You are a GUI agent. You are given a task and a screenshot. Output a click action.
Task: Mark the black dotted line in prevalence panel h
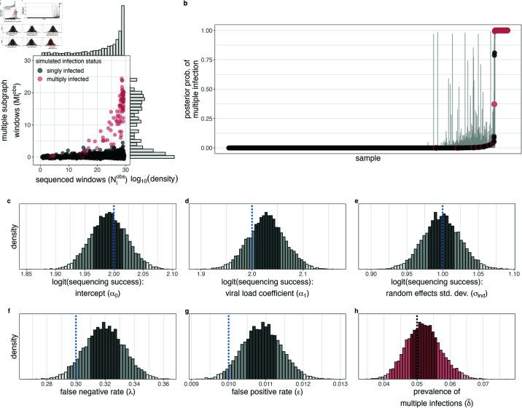click(416, 346)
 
